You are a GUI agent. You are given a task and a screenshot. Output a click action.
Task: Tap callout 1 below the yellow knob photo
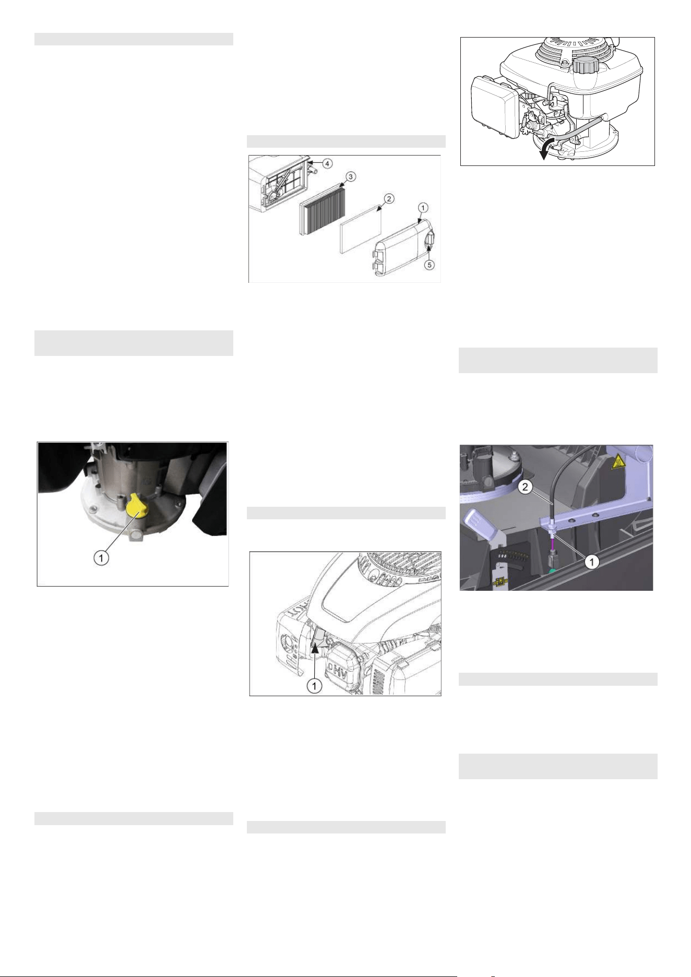pos(101,557)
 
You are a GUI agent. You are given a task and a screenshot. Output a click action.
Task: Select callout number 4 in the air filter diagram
pos(327,163)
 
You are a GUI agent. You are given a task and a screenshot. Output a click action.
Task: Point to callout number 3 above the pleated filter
pos(351,177)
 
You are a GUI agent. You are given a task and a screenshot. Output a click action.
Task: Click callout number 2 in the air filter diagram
pos(389,199)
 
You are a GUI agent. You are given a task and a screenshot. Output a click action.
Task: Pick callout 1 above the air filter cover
pos(423,208)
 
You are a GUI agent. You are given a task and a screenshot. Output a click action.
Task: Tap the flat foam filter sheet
pos(361,229)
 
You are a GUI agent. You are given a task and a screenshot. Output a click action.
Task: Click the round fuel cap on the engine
pos(583,66)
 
